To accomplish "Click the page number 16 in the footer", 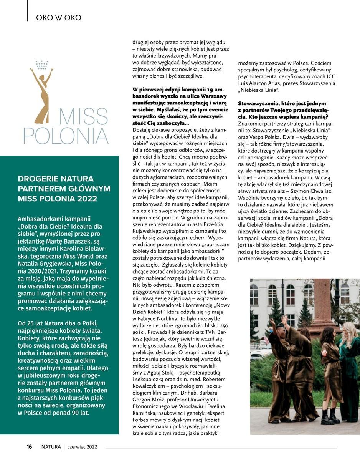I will coord(29,446).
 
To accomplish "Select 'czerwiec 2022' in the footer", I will coord(82,446).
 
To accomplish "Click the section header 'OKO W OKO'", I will coord(58,17).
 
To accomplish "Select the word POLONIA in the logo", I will coord(66,135).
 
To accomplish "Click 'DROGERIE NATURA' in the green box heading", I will coord(56,179).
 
